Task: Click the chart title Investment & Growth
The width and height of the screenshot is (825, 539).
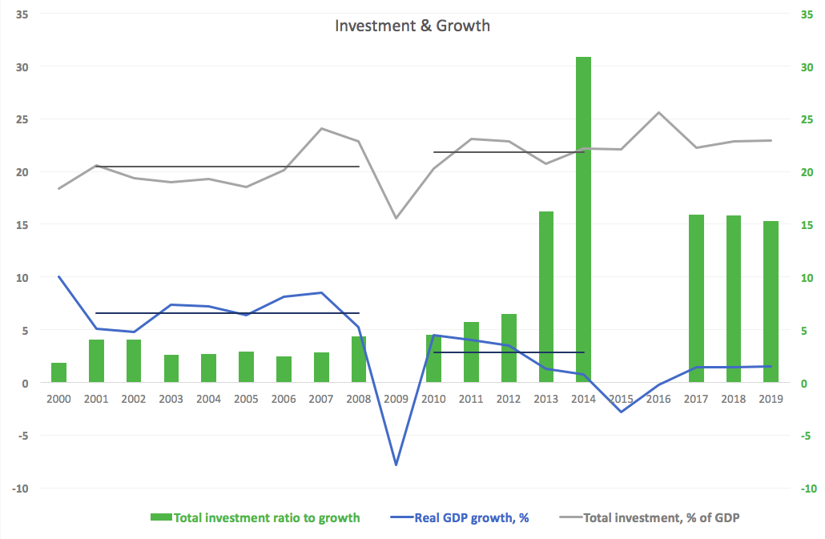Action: (412, 26)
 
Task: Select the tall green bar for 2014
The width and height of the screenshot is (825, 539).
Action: (583, 219)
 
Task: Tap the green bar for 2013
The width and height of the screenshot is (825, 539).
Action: (545, 296)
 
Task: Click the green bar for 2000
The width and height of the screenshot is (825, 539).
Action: (59, 373)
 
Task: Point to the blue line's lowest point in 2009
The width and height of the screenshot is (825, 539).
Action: (396, 465)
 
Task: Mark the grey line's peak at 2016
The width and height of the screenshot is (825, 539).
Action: (658, 112)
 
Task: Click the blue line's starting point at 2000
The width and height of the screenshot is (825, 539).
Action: (59, 276)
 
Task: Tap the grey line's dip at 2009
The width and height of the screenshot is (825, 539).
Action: (396, 218)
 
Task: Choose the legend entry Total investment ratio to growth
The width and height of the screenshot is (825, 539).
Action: (256, 517)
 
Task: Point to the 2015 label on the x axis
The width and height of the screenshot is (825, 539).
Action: (621, 398)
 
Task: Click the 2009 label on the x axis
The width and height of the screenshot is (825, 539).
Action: (396, 398)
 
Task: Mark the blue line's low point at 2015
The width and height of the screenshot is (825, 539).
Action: (621, 412)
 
